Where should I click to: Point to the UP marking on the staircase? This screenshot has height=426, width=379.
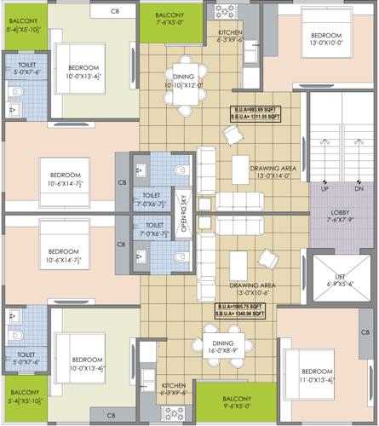coord(324,188)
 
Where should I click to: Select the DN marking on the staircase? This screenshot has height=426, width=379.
coord(358,188)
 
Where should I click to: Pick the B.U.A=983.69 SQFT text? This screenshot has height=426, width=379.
coord(263,110)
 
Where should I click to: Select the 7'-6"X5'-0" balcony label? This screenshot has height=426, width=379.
coord(177,23)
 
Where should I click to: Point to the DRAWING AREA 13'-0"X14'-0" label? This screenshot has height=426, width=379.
coord(272,172)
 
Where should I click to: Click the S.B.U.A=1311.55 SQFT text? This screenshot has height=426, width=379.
coord(263,118)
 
